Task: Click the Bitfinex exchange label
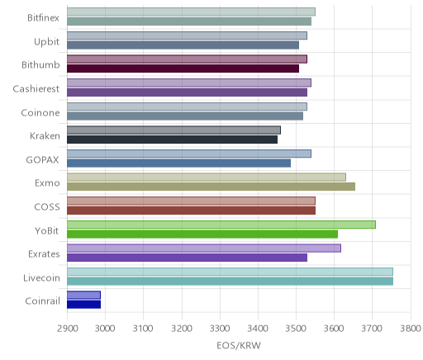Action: [x=43, y=18]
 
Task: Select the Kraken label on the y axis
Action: [x=45, y=136]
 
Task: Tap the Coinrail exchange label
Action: [x=42, y=301]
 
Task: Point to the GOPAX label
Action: [x=42, y=160]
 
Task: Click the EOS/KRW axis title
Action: [x=239, y=345]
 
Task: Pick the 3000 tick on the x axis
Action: [x=105, y=329]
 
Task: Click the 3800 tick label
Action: [x=411, y=329]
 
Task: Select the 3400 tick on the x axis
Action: [x=258, y=329]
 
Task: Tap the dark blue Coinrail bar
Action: [x=83, y=305]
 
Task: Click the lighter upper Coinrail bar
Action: [x=83, y=295]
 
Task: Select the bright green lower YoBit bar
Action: [x=202, y=234]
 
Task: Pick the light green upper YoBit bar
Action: [x=221, y=225]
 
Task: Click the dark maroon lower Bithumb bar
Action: [x=183, y=69]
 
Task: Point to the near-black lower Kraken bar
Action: [x=172, y=140]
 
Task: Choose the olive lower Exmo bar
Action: [x=211, y=187]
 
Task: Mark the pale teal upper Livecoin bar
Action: [x=230, y=272]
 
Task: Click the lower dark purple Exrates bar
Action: [x=187, y=258]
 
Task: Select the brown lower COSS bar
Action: [x=191, y=211]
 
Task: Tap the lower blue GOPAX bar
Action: [x=178, y=163]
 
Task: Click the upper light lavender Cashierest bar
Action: [x=189, y=83]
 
